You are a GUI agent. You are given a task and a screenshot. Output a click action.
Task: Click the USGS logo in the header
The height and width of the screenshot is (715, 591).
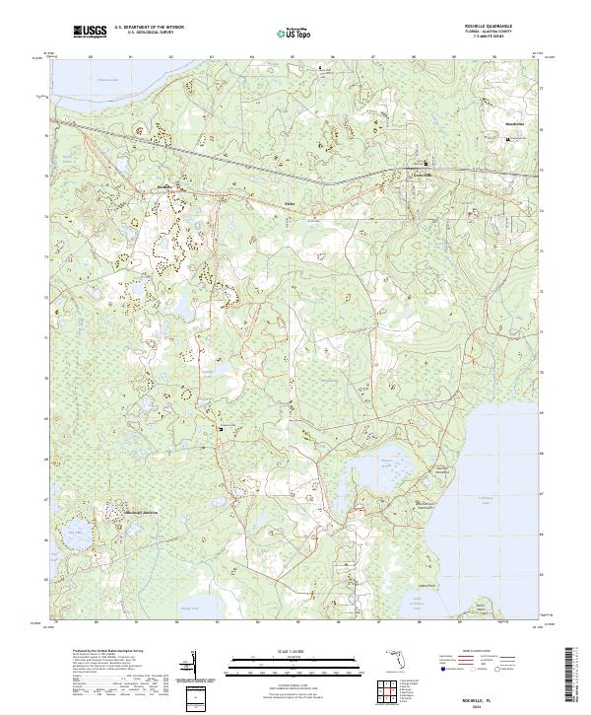[x=90, y=32]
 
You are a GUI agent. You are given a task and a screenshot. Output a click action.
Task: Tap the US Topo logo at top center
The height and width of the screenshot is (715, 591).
[x=296, y=32]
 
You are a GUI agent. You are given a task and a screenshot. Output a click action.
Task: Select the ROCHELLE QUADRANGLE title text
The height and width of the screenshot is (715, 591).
[x=498, y=27]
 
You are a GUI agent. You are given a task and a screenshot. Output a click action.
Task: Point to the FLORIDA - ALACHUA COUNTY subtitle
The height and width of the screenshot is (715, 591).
[x=498, y=33]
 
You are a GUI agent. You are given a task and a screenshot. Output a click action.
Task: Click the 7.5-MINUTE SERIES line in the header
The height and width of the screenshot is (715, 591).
[x=498, y=37]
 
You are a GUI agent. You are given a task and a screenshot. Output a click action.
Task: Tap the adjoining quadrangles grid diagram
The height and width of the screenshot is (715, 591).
[x=387, y=691]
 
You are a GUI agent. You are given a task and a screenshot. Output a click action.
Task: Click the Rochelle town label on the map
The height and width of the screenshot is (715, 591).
[x=164, y=186]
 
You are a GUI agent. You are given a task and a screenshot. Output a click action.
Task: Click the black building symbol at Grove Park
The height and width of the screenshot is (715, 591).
[x=426, y=164]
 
